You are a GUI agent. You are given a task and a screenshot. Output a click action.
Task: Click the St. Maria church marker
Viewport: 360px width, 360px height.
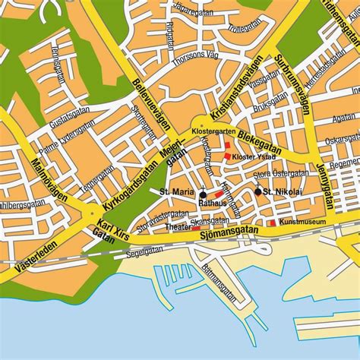(203, 194)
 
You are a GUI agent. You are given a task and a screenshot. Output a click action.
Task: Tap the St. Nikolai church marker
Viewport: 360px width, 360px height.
(258, 191)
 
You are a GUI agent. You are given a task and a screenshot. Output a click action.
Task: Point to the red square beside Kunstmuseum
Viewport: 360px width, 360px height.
(273, 223)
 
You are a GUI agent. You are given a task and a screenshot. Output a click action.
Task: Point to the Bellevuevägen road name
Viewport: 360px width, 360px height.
(150, 99)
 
